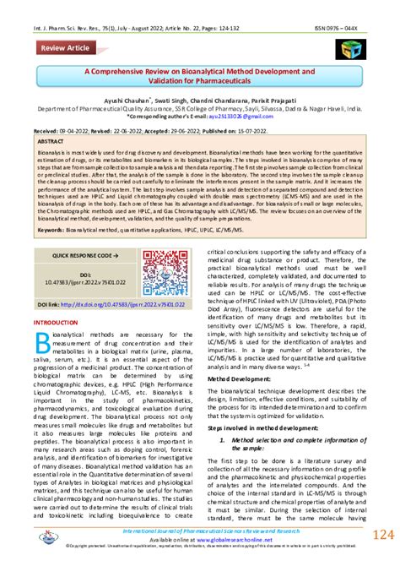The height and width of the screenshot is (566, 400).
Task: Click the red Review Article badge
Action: (66, 48)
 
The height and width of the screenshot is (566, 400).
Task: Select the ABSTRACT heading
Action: (53, 143)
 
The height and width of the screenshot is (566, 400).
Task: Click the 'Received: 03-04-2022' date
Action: (63, 133)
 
